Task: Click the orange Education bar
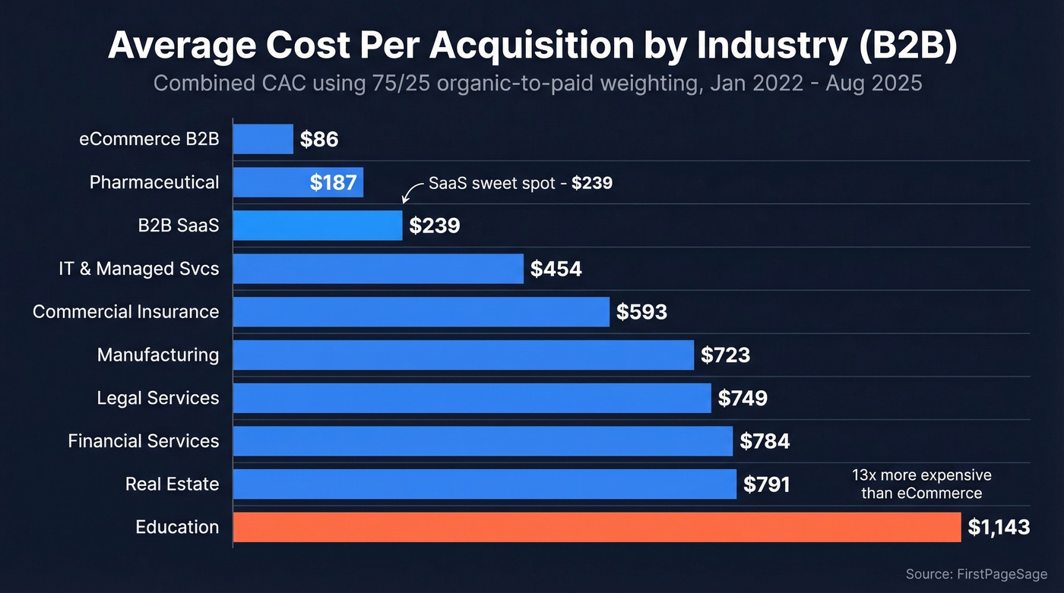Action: coord(597,527)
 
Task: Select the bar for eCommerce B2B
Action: coord(263,139)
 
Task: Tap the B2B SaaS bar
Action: coord(318,226)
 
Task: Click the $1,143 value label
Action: coord(999,528)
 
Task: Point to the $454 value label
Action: coord(556,269)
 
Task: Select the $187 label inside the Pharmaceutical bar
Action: coord(333,183)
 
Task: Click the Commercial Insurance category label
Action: coord(125,311)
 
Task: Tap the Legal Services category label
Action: coord(157,398)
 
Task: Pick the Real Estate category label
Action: coord(172,484)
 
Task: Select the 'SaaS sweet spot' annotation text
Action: coord(520,183)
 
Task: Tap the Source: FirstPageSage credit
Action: coord(976,574)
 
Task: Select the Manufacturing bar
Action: coord(463,355)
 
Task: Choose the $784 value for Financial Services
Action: coord(765,441)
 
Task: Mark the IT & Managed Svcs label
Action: coord(138,268)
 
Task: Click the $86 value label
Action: coord(318,140)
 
